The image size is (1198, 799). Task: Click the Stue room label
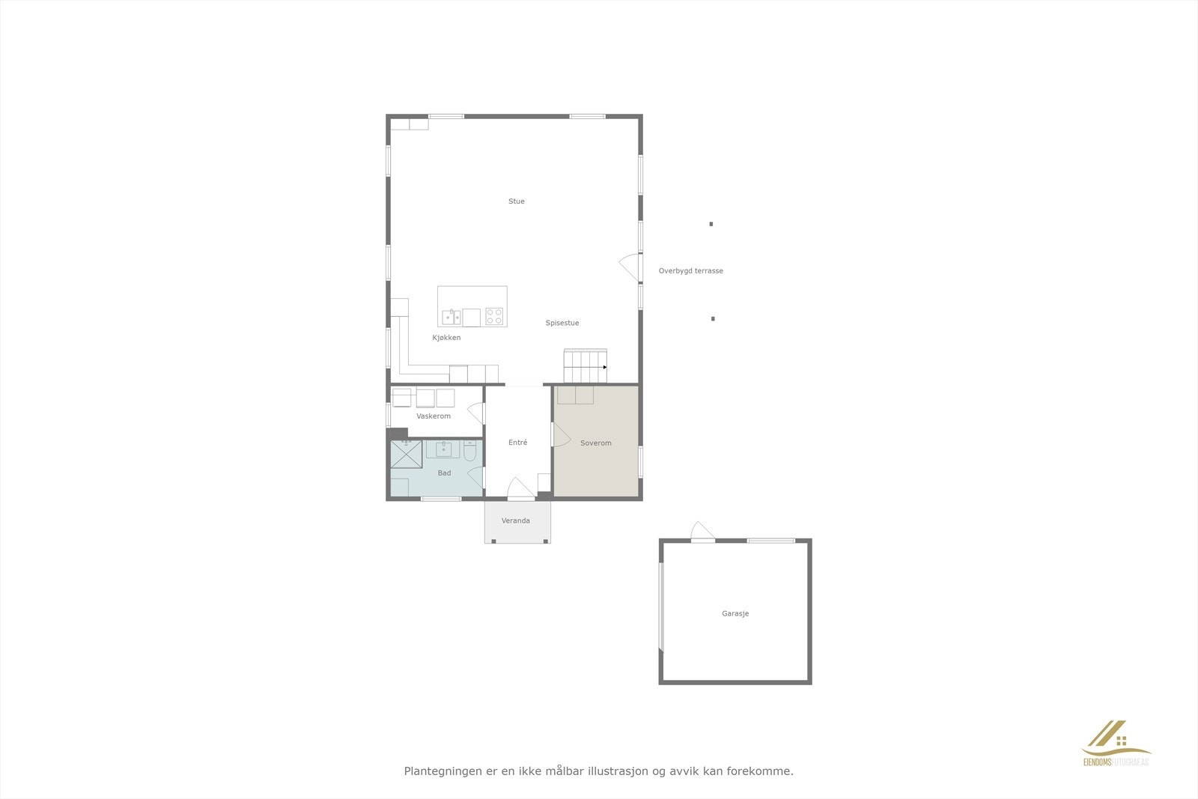(516, 201)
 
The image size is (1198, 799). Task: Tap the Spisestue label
(562, 323)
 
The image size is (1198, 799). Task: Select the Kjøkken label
(446, 338)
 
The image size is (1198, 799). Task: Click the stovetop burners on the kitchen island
(494, 317)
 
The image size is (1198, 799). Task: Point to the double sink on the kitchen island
(451, 318)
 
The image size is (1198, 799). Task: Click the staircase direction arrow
(604, 367)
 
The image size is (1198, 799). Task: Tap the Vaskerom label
(434, 416)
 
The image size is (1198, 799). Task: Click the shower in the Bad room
(407, 455)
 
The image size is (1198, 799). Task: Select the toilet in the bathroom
(469, 452)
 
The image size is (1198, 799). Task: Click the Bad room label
(444, 473)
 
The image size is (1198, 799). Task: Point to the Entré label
(517, 443)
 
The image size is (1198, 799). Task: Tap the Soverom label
(595, 443)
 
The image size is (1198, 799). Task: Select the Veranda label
(515, 520)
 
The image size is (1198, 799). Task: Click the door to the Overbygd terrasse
(631, 267)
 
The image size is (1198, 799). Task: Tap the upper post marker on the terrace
(711, 224)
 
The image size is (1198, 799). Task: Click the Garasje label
(735, 613)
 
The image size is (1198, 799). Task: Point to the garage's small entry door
(702, 532)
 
